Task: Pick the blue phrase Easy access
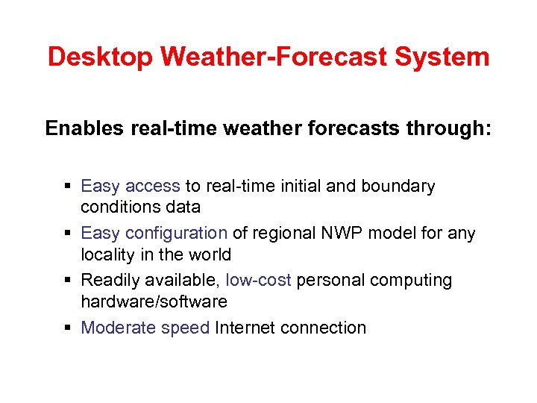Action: (x=131, y=187)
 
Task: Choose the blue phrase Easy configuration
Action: (x=154, y=234)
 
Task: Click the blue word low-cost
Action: (x=258, y=281)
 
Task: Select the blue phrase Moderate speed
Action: (x=145, y=328)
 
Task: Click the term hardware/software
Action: (x=154, y=302)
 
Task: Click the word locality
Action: (x=107, y=254)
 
